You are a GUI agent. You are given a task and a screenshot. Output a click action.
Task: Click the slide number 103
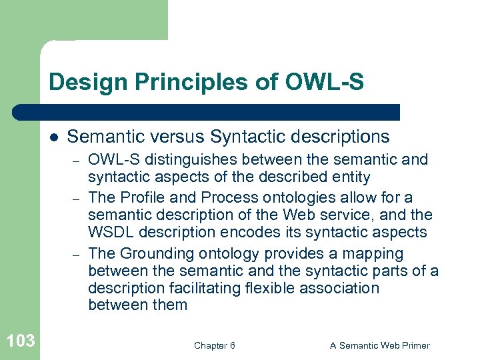pyautogui.click(x=20, y=341)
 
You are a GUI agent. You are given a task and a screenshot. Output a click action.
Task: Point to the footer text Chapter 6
pyautogui.click(x=214, y=345)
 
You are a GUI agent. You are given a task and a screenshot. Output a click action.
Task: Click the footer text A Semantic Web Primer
pyautogui.click(x=380, y=345)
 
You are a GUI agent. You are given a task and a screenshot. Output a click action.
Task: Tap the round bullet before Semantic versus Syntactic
pyautogui.click(x=53, y=137)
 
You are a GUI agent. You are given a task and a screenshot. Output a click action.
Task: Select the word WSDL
pyautogui.click(x=109, y=232)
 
